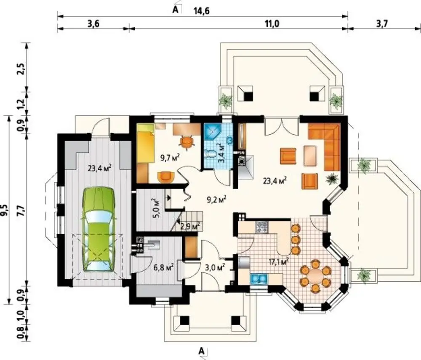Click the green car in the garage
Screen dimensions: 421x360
pos(99,230)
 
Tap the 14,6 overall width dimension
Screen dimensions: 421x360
pos(201,11)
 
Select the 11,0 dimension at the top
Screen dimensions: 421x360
pos(272,24)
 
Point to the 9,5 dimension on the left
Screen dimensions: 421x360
pos(5,210)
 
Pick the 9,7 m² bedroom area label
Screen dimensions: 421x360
pos(170,157)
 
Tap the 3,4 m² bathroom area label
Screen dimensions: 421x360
pos(221,153)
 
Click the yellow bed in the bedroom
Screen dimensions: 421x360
pos(146,144)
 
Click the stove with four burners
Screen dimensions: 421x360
pos(262,227)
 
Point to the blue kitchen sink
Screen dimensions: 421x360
pos(258,279)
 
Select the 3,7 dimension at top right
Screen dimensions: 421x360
pos(382,24)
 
